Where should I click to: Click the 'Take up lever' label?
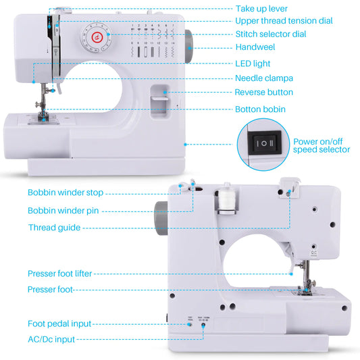261,8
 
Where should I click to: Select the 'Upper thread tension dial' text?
284,21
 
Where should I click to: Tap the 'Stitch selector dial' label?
270,34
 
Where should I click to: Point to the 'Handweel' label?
255,47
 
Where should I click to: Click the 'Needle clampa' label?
263,78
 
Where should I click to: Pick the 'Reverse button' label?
264,92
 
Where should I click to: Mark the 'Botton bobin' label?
261,109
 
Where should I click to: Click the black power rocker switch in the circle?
263,143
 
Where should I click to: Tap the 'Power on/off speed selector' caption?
322,145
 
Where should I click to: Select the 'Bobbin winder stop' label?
65,192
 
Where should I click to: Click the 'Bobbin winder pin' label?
63,210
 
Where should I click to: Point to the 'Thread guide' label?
54,228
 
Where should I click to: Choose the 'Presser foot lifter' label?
59,274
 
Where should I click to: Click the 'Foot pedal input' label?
59,324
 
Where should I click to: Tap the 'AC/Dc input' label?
51,339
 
